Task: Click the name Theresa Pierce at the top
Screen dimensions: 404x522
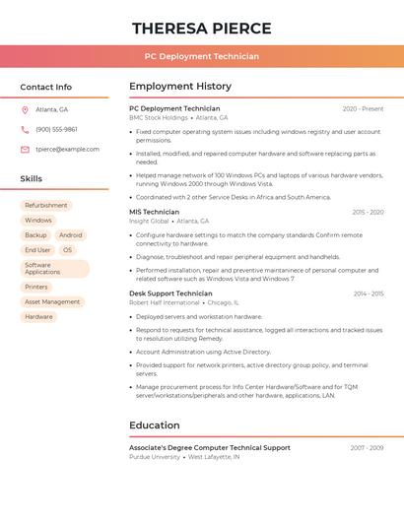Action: click(x=201, y=28)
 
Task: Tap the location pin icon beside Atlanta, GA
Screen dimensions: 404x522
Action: click(x=25, y=109)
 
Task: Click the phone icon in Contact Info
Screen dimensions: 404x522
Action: click(x=25, y=129)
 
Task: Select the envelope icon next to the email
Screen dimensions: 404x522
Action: click(x=25, y=150)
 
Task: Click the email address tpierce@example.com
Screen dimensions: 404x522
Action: click(x=67, y=150)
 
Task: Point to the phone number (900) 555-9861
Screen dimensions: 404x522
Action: click(x=56, y=129)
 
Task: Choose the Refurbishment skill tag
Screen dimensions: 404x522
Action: click(x=46, y=205)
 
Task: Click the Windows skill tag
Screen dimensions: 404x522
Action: click(x=38, y=220)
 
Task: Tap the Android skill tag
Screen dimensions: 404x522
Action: click(x=70, y=235)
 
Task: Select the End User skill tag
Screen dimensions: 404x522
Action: click(x=37, y=250)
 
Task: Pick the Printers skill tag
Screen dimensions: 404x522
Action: click(x=36, y=287)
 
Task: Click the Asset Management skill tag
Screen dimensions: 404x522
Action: click(x=52, y=301)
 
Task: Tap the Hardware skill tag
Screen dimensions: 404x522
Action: click(x=39, y=316)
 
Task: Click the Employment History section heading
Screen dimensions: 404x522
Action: click(x=180, y=87)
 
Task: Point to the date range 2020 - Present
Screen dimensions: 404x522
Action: click(x=363, y=108)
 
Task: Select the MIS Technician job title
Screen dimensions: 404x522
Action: click(x=154, y=212)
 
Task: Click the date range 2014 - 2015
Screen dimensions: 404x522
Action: click(x=368, y=293)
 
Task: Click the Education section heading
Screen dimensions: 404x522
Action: click(x=155, y=425)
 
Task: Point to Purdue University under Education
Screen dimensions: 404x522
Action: click(x=155, y=457)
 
